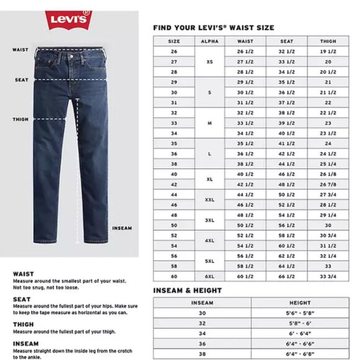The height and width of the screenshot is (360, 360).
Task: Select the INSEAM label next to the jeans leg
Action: click(x=122, y=228)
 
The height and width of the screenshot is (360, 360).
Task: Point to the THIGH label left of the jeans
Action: click(x=20, y=119)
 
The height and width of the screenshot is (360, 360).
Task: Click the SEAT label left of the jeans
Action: click(x=22, y=79)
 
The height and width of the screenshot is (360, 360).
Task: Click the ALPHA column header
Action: click(x=210, y=41)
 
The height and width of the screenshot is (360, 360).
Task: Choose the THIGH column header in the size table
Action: click(x=328, y=41)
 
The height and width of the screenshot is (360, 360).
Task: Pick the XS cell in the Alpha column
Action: click(x=210, y=62)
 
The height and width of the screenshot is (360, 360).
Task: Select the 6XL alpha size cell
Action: click(x=210, y=276)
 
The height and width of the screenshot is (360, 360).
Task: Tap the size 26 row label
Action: click(x=174, y=52)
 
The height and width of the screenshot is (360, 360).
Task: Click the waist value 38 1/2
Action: click(x=245, y=164)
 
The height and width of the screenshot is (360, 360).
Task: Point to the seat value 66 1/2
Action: click(x=286, y=276)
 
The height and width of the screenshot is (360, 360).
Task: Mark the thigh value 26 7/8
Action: click(x=328, y=184)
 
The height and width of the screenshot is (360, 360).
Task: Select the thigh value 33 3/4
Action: click(x=328, y=276)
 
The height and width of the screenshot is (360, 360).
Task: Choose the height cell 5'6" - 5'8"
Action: click(x=300, y=313)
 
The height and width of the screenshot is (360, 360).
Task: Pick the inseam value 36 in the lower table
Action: click(x=202, y=344)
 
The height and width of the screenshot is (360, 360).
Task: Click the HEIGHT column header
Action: click(x=300, y=302)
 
